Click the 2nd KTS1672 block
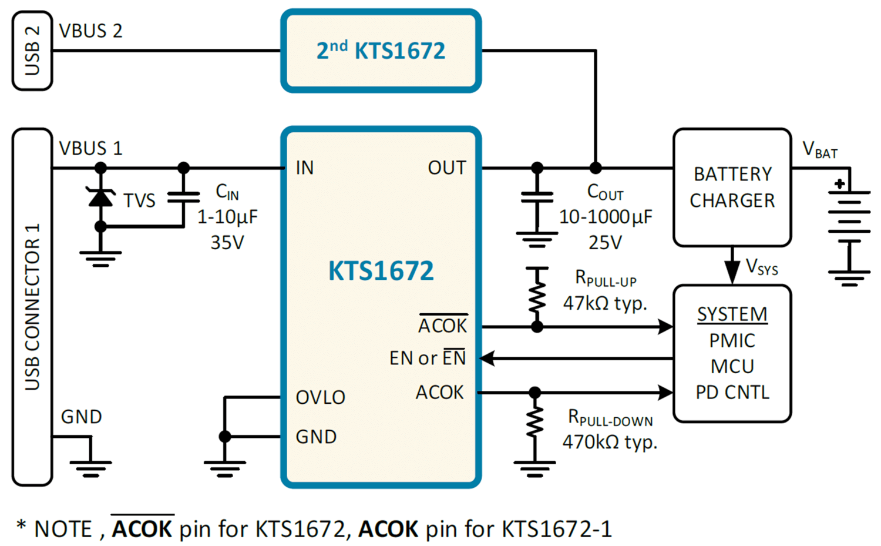point(381,51)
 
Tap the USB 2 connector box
point(32,51)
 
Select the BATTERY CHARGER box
point(732,187)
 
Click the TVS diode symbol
point(100,197)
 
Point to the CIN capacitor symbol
point(183,197)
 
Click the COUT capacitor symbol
point(537,197)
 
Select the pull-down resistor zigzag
point(534,422)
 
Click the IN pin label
point(305,168)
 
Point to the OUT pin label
point(447,168)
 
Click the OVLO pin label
point(321,397)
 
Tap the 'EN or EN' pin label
point(428,357)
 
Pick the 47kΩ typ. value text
point(606,303)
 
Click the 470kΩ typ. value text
point(610,443)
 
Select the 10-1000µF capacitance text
point(606,217)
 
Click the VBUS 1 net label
point(90,149)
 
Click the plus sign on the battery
point(840,184)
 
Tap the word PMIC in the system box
point(732,340)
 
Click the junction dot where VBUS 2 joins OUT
point(596,168)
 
